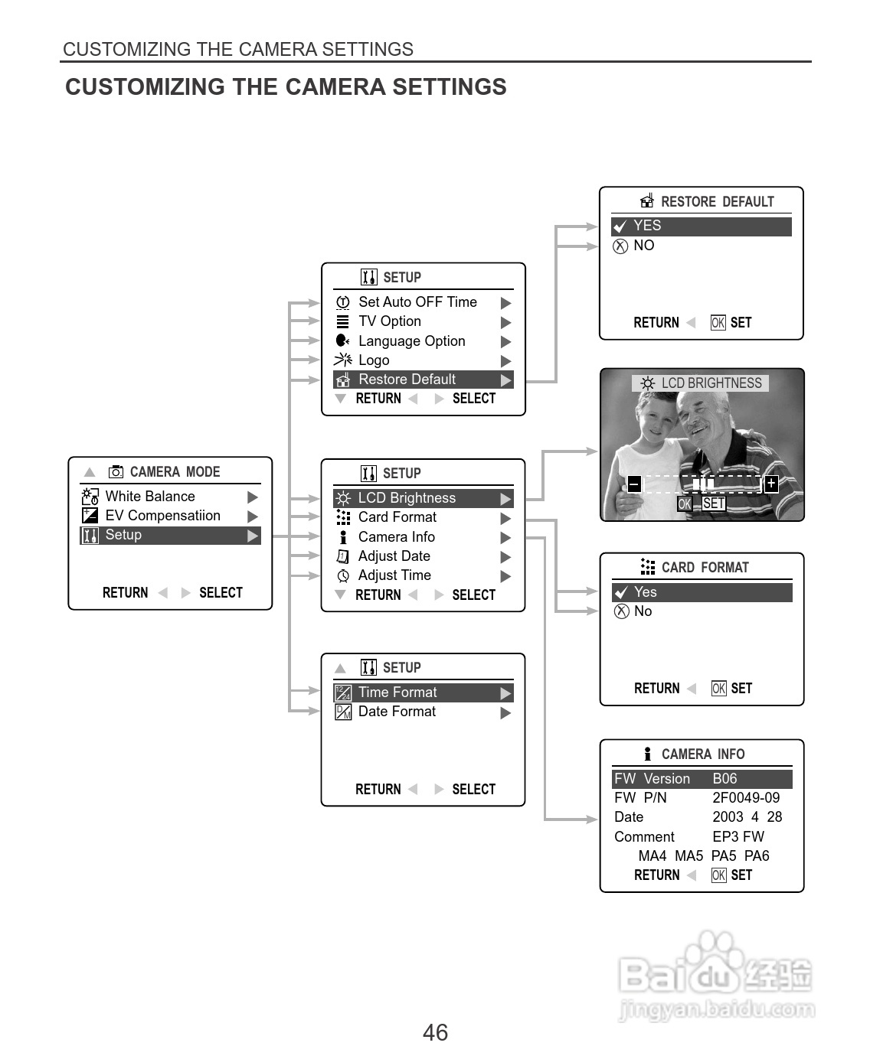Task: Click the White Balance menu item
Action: [150, 496]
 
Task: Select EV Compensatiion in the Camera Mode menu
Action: [162, 515]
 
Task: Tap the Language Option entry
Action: [411, 341]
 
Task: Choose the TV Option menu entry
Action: [390, 321]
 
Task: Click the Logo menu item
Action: [374, 360]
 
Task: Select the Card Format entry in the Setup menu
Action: [397, 517]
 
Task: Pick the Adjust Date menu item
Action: [394, 556]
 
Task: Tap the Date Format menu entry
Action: [397, 712]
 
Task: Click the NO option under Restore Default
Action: [644, 246]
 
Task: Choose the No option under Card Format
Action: [643, 611]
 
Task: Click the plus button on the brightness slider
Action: [771, 484]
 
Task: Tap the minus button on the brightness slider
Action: [634, 484]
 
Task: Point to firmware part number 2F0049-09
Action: [746, 798]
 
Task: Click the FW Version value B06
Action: [724, 779]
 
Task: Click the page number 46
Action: [435, 1033]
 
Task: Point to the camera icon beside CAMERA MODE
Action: [116, 472]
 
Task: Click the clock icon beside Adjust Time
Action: [343, 576]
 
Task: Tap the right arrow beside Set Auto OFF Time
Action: [505, 303]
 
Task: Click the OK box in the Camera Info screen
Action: [718, 875]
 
